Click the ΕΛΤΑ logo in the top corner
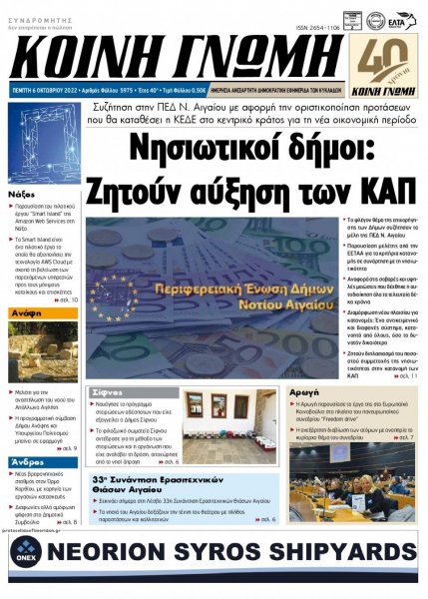(396, 20)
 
